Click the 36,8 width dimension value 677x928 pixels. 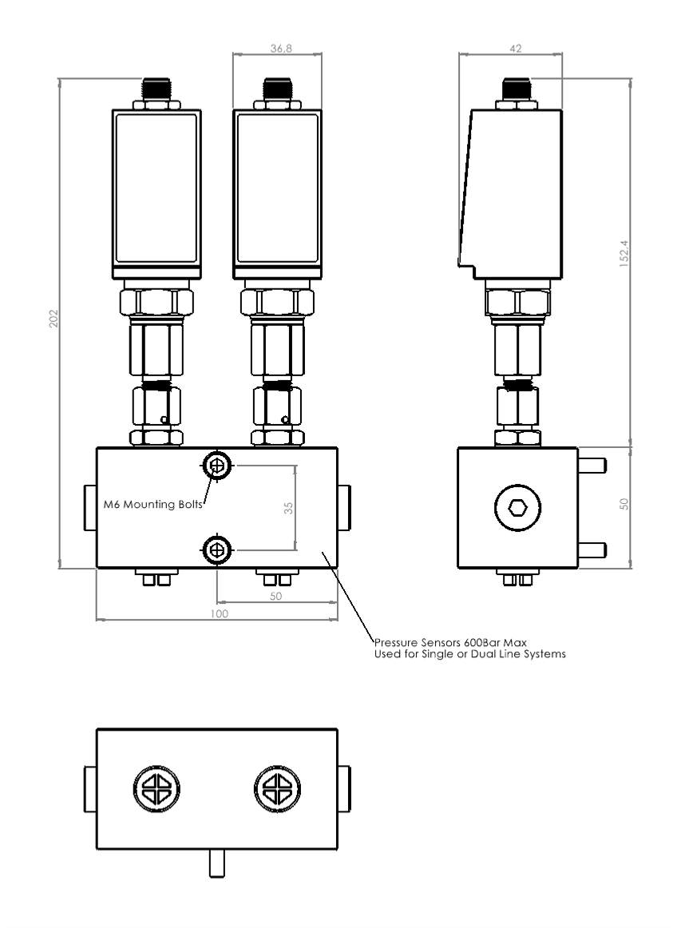(x=281, y=49)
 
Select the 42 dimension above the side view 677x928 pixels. (x=516, y=49)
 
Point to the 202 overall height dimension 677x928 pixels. (x=53, y=319)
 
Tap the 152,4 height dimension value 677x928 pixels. (x=624, y=253)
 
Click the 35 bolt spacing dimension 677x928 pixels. (x=288, y=508)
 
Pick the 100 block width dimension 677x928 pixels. (x=219, y=613)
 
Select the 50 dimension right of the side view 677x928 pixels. (x=624, y=504)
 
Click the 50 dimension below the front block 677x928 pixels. (x=275, y=597)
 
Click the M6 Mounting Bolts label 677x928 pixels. (x=153, y=504)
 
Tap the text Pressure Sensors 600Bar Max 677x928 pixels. (x=450, y=643)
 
